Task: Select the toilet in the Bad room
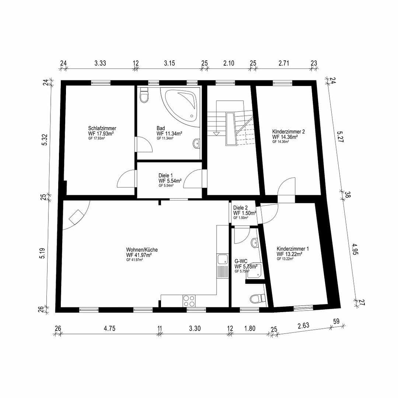tap(144, 96)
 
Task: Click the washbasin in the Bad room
tap(196, 143)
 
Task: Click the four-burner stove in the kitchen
tap(189, 301)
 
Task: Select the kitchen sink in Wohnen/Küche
tap(222, 259)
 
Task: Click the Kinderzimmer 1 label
tap(293, 249)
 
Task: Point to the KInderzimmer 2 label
tap(288, 131)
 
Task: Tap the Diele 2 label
tap(240, 207)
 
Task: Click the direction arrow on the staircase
tap(216, 133)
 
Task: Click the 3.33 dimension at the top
tap(100, 63)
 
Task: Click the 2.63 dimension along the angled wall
tap(303, 326)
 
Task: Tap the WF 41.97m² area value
tap(139, 255)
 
